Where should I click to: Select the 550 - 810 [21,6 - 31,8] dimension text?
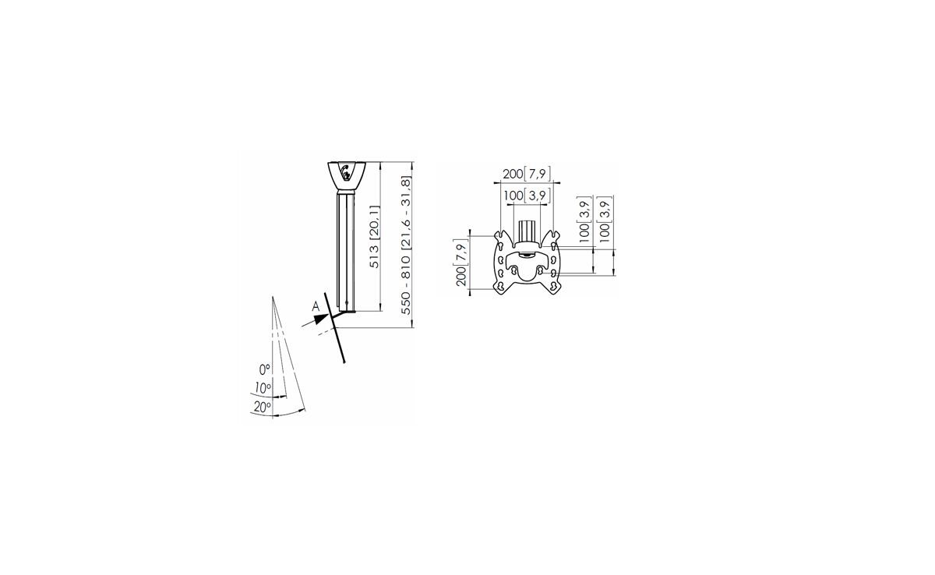(x=406, y=245)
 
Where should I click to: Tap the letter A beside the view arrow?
(x=316, y=307)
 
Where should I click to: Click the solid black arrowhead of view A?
(x=322, y=319)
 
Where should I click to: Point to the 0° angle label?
(x=265, y=370)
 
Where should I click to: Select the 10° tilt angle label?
(x=263, y=389)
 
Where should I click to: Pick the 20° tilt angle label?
(x=262, y=407)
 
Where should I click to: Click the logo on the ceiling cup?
(x=345, y=172)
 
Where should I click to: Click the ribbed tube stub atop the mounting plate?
(x=527, y=231)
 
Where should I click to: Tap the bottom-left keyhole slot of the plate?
(x=500, y=286)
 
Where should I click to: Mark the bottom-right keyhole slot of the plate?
(x=553, y=286)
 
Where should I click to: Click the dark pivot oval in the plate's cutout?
(x=527, y=255)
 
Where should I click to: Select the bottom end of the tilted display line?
(x=344, y=362)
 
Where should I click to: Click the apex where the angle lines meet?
(x=273, y=297)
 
